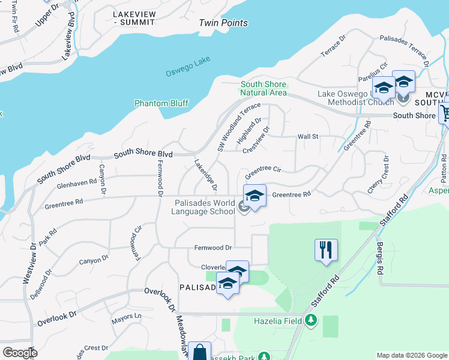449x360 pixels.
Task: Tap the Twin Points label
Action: tap(223, 23)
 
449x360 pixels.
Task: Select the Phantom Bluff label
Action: tap(161, 103)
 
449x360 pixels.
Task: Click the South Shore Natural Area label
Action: tap(264, 89)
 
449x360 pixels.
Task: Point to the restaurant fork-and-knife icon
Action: tap(326, 249)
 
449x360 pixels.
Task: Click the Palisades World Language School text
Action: tap(203, 208)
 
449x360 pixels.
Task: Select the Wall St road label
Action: tap(307, 137)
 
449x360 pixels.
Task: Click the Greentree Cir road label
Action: tap(263, 170)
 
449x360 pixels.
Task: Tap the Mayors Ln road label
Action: tap(130, 316)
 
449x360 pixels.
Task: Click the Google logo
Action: tap(19, 353)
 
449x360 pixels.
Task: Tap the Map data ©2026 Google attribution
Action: tap(411, 355)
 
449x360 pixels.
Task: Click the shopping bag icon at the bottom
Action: tap(199, 352)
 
